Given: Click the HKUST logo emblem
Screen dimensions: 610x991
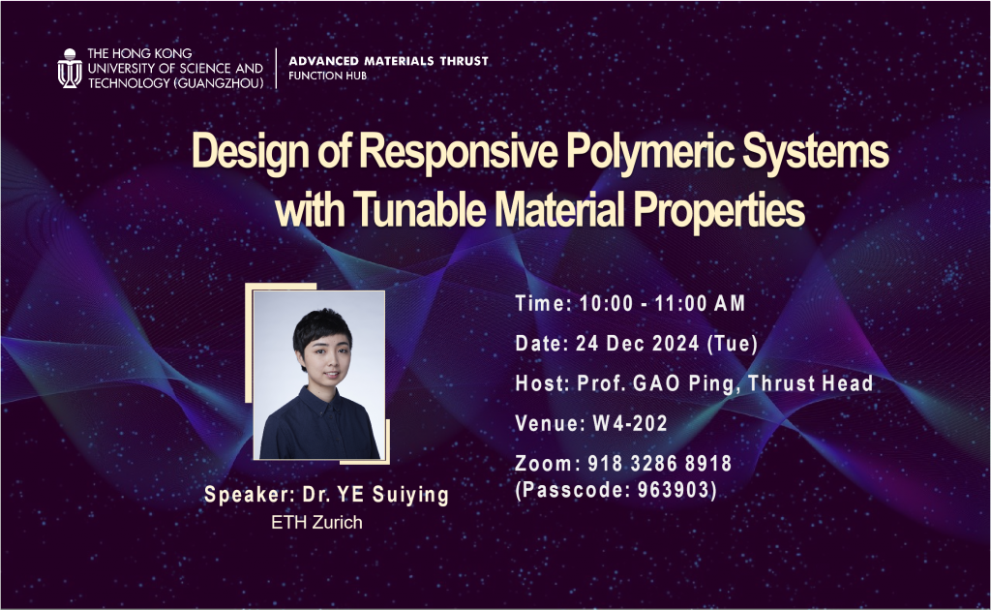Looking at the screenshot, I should coord(70,69).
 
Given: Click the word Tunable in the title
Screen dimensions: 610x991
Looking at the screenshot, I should coord(417,210).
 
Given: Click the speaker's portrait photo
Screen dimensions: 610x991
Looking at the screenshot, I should coord(318,375).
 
